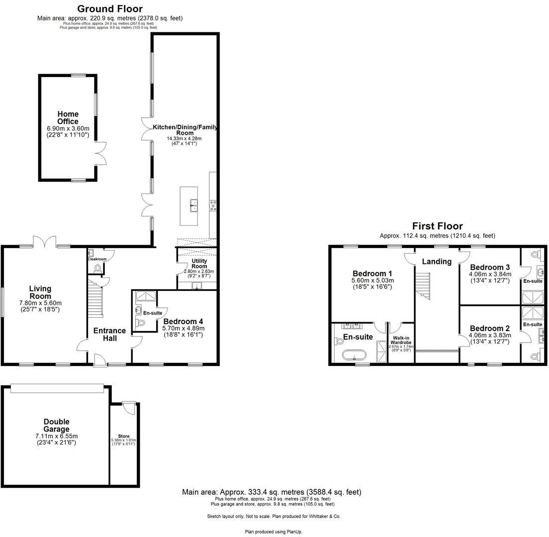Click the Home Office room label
(68, 118)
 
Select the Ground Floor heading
(110, 9)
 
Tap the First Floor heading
(437, 226)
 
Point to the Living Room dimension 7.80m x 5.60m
(40, 303)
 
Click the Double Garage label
(56, 426)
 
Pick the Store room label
(124, 436)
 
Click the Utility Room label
(199, 264)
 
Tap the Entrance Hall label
(110, 334)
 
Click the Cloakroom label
(97, 259)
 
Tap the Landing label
(437, 262)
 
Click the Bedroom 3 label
(489, 267)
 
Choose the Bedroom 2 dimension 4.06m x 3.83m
(489, 335)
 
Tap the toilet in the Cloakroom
(97, 268)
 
